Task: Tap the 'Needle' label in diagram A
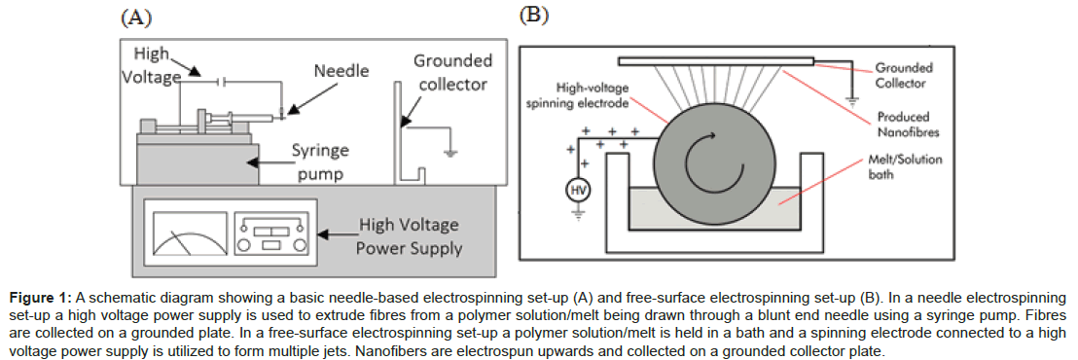(x=341, y=71)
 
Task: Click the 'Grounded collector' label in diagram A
(x=452, y=72)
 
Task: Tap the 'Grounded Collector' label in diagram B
(x=904, y=76)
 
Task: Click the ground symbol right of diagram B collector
(x=852, y=100)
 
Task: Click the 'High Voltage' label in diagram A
(x=154, y=63)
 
